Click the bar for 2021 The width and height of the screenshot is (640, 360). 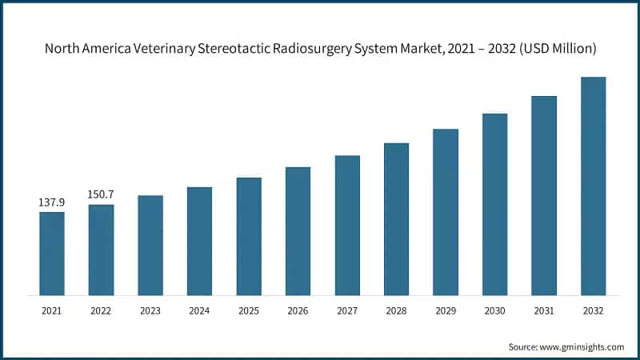click(52, 254)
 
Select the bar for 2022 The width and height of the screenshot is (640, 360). click(101, 250)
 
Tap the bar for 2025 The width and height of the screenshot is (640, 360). click(249, 236)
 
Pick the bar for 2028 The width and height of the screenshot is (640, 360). click(396, 219)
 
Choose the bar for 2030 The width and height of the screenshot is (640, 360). click(494, 204)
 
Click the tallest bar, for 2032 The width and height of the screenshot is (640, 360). click(593, 186)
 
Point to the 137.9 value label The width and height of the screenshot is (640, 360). click(52, 203)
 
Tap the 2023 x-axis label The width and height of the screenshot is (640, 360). click(150, 310)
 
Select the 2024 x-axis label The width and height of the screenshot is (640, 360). click(199, 310)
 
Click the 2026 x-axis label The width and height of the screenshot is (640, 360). click(298, 310)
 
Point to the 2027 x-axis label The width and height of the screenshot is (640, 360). click(347, 310)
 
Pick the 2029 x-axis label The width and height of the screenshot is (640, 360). click(446, 310)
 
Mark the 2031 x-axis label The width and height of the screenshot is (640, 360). click(544, 310)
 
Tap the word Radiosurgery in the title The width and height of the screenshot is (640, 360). click(319, 49)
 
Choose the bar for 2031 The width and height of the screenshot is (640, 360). click(544, 195)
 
